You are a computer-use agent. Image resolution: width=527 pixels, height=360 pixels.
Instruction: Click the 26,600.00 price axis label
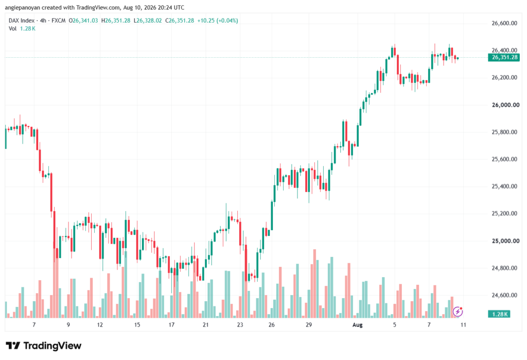tap(504, 23)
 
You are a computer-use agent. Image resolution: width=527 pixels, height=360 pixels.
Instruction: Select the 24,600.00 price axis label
tap(504, 296)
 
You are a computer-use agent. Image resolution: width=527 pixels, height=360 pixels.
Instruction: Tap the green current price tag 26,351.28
tap(504, 58)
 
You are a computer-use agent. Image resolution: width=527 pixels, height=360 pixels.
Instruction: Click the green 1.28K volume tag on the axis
tap(499, 314)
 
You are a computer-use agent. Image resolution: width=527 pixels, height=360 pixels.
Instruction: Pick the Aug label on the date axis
tap(357, 325)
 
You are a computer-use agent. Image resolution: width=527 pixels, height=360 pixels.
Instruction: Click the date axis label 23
tap(240, 325)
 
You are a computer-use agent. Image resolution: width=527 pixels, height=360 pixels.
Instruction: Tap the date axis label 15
tap(137, 325)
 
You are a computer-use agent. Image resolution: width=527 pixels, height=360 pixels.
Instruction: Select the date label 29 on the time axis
tap(309, 325)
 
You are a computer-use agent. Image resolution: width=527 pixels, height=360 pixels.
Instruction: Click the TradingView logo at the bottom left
tap(44, 346)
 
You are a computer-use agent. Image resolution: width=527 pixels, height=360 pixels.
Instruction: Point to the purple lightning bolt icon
tap(458, 312)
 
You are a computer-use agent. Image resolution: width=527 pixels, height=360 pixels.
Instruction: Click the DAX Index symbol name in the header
tap(22, 21)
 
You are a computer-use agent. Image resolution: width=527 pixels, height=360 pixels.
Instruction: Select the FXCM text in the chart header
tap(59, 21)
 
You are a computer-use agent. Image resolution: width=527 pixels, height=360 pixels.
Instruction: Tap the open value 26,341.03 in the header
tap(85, 21)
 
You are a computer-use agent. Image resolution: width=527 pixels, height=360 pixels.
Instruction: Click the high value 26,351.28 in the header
tap(118, 21)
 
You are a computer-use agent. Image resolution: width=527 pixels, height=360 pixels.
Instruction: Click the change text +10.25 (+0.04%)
tap(218, 21)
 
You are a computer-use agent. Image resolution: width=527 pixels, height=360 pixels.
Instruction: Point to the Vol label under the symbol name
tap(12, 29)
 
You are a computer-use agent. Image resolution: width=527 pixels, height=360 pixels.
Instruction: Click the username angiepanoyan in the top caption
tap(23, 7)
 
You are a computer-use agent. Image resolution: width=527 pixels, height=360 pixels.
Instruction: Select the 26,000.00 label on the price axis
tap(505, 105)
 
